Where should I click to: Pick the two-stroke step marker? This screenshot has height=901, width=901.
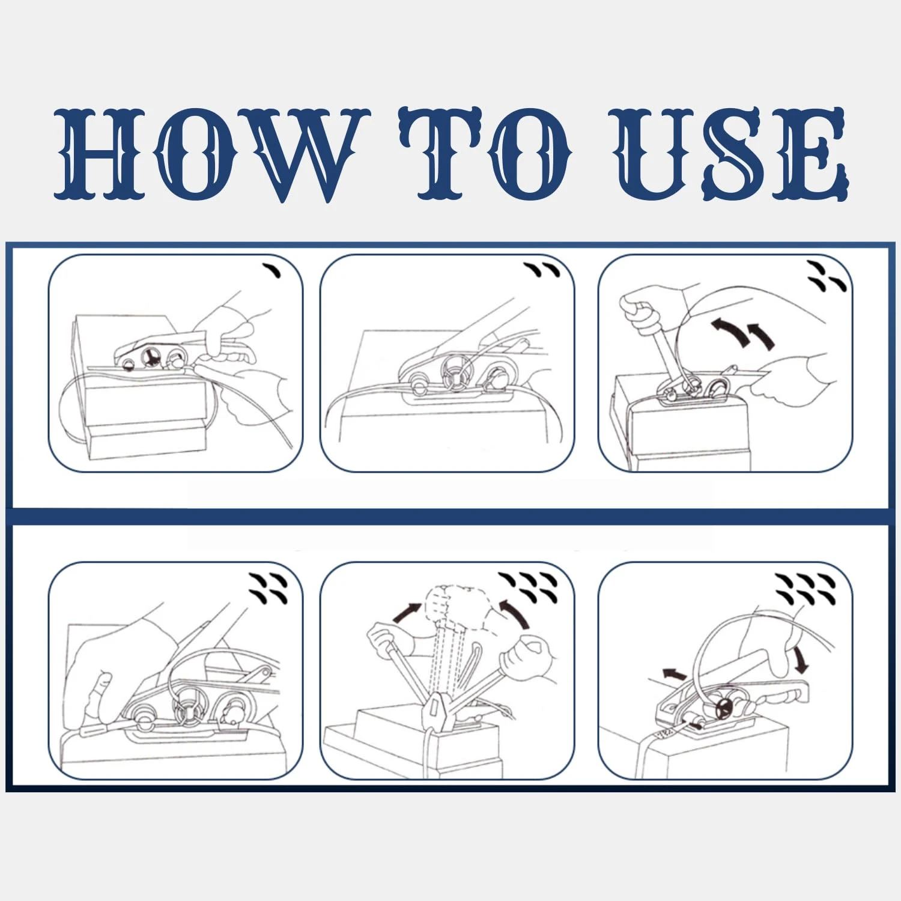542,270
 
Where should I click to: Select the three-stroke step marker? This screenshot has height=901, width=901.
827,276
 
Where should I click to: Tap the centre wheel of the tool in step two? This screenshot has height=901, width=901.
456,376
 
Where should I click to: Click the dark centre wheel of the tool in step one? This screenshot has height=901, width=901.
150,358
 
